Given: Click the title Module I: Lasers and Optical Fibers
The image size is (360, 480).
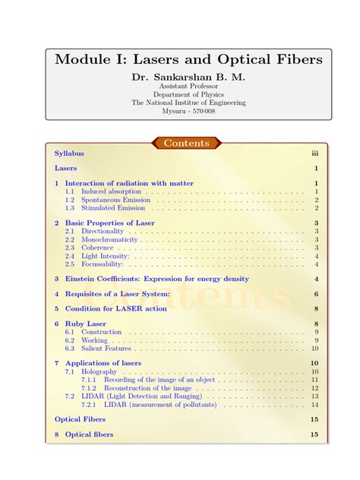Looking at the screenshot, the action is coord(179,58).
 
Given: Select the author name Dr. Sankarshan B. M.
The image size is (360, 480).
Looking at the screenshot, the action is coord(179,77).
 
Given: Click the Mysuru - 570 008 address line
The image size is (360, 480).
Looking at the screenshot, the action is coord(179,111).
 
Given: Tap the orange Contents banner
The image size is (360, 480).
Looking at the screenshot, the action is coord(186,143).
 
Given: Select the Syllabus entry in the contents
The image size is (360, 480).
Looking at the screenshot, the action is coord(69,153).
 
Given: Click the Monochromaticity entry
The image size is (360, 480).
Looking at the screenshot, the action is coord(109,239).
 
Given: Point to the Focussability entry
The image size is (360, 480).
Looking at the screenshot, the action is coord(105,264).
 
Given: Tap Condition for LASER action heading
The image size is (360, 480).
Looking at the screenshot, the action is coord(115,309).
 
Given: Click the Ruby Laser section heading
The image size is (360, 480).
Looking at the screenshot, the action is coord(85,324).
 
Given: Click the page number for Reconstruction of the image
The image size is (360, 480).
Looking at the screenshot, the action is coord(314,388).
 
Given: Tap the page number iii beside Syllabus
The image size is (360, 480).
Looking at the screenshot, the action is coord(314,153).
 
